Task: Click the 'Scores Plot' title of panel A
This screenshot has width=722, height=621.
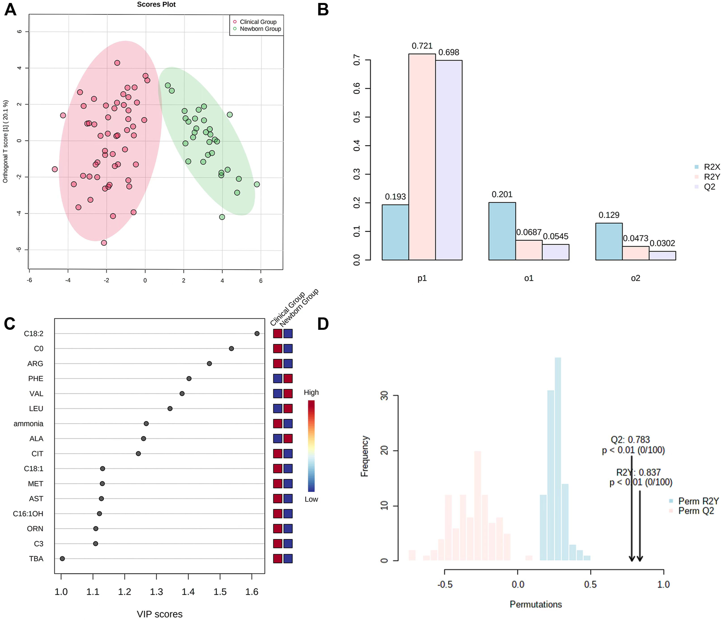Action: tap(156, 5)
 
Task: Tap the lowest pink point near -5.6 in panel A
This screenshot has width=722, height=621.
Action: tap(104, 243)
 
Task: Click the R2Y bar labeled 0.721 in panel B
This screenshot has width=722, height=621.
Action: tap(422, 157)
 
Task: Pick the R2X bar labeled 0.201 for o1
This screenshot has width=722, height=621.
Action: tap(502, 231)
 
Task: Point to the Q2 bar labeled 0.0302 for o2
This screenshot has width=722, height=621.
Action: tap(662, 256)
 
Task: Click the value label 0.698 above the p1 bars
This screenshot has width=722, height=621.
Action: tap(449, 52)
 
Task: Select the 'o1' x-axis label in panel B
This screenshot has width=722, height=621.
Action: tap(529, 278)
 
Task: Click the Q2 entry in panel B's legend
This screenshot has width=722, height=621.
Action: tap(709, 187)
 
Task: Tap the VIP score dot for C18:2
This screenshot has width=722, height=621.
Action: tap(257, 334)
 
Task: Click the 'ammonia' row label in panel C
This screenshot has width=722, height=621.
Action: tap(28, 423)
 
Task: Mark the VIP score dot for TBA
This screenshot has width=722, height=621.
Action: tap(62, 559)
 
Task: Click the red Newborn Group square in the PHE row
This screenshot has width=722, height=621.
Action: tap(288, 379)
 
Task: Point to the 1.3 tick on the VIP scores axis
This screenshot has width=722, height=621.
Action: tap(156, 592)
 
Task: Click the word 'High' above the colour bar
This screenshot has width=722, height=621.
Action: tap(311, 393)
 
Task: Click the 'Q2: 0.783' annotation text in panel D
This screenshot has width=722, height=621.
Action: tap(630, 440)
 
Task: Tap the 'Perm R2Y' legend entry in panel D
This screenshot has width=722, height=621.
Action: tap(698, 501)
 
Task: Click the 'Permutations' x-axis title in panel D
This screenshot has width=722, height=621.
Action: tap(536, 605)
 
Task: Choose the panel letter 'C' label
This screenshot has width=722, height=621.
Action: tap(10, 324)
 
